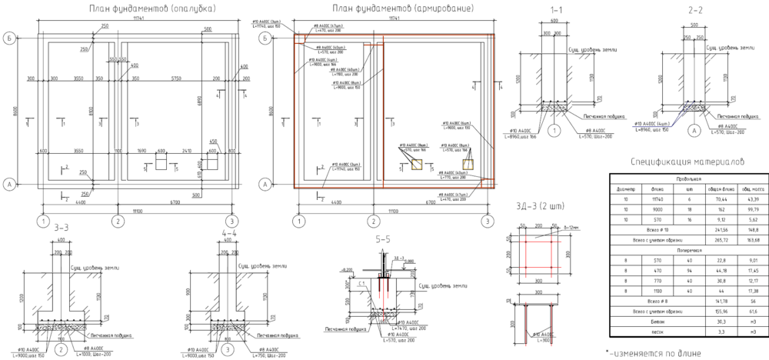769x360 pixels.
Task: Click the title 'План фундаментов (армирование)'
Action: click(404, 9)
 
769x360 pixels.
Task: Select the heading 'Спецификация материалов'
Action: click(687, 162)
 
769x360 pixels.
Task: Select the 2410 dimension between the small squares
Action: click(185, 152)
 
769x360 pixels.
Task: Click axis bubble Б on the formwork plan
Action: click(9, 36)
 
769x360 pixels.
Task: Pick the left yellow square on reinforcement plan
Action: click(415, 164)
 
